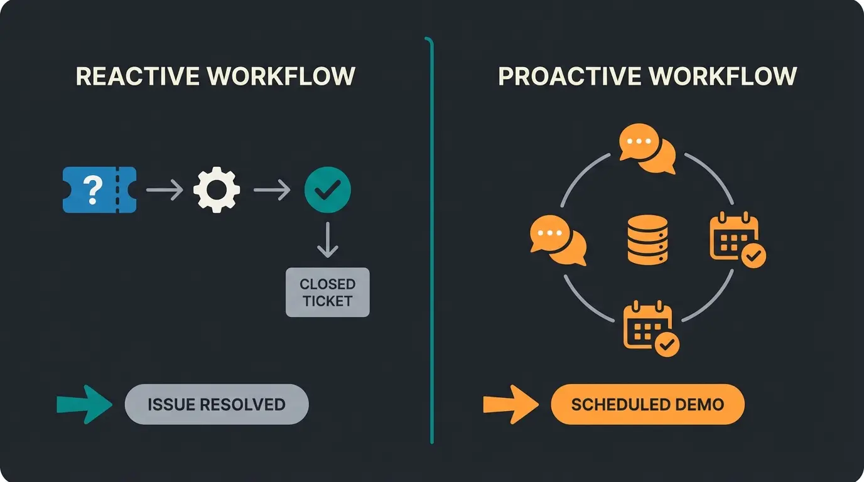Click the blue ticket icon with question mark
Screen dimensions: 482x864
point(100,190)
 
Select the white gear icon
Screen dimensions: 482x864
point(217,190)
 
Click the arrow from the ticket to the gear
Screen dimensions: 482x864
point(165,190)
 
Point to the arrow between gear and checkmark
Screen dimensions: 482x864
point(272,190)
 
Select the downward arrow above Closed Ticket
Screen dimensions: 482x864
point(327,240)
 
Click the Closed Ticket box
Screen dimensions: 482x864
point(327,292)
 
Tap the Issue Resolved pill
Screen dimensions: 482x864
point(217,404)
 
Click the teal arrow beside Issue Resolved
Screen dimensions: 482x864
point(84,404)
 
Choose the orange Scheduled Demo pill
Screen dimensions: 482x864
point(647,404)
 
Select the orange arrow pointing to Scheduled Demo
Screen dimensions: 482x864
point(510,404)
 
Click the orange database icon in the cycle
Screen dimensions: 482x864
point(647,239)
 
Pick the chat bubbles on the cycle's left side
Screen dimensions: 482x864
point(558,240)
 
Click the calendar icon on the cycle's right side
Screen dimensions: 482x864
point(737,240)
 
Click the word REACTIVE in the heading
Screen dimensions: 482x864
point(138,77)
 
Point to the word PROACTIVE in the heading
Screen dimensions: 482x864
point(570,77)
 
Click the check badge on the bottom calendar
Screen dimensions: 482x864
point(667,344)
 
